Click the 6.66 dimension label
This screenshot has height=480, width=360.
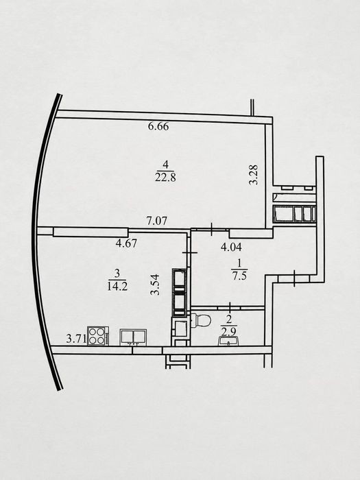tap(158, 126)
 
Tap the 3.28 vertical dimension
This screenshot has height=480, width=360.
tap(254, 175)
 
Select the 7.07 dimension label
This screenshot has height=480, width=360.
tap(157, 221)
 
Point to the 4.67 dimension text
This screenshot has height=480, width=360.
tap(126, 243)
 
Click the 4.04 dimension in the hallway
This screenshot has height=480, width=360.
tap(231, 247)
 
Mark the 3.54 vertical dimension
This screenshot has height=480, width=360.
tap(155, 285)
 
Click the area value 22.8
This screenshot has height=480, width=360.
tap(165, 178)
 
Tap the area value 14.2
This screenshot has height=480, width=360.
tap(117, 287)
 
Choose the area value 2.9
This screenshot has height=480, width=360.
tap(228, 331)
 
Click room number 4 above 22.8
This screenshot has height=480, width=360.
tap(166, 165)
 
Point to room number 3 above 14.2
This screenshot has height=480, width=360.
tap(117, 272)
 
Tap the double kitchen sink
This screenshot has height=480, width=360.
tap(133, 337)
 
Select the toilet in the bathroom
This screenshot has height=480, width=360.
tap(201, 320)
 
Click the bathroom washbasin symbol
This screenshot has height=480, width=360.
tap(228, 341)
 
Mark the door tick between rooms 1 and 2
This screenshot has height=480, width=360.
tap(230, 307)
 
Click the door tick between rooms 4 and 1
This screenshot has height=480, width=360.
tap(212, 229)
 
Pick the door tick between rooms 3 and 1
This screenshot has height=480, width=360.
tap(190, 252)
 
